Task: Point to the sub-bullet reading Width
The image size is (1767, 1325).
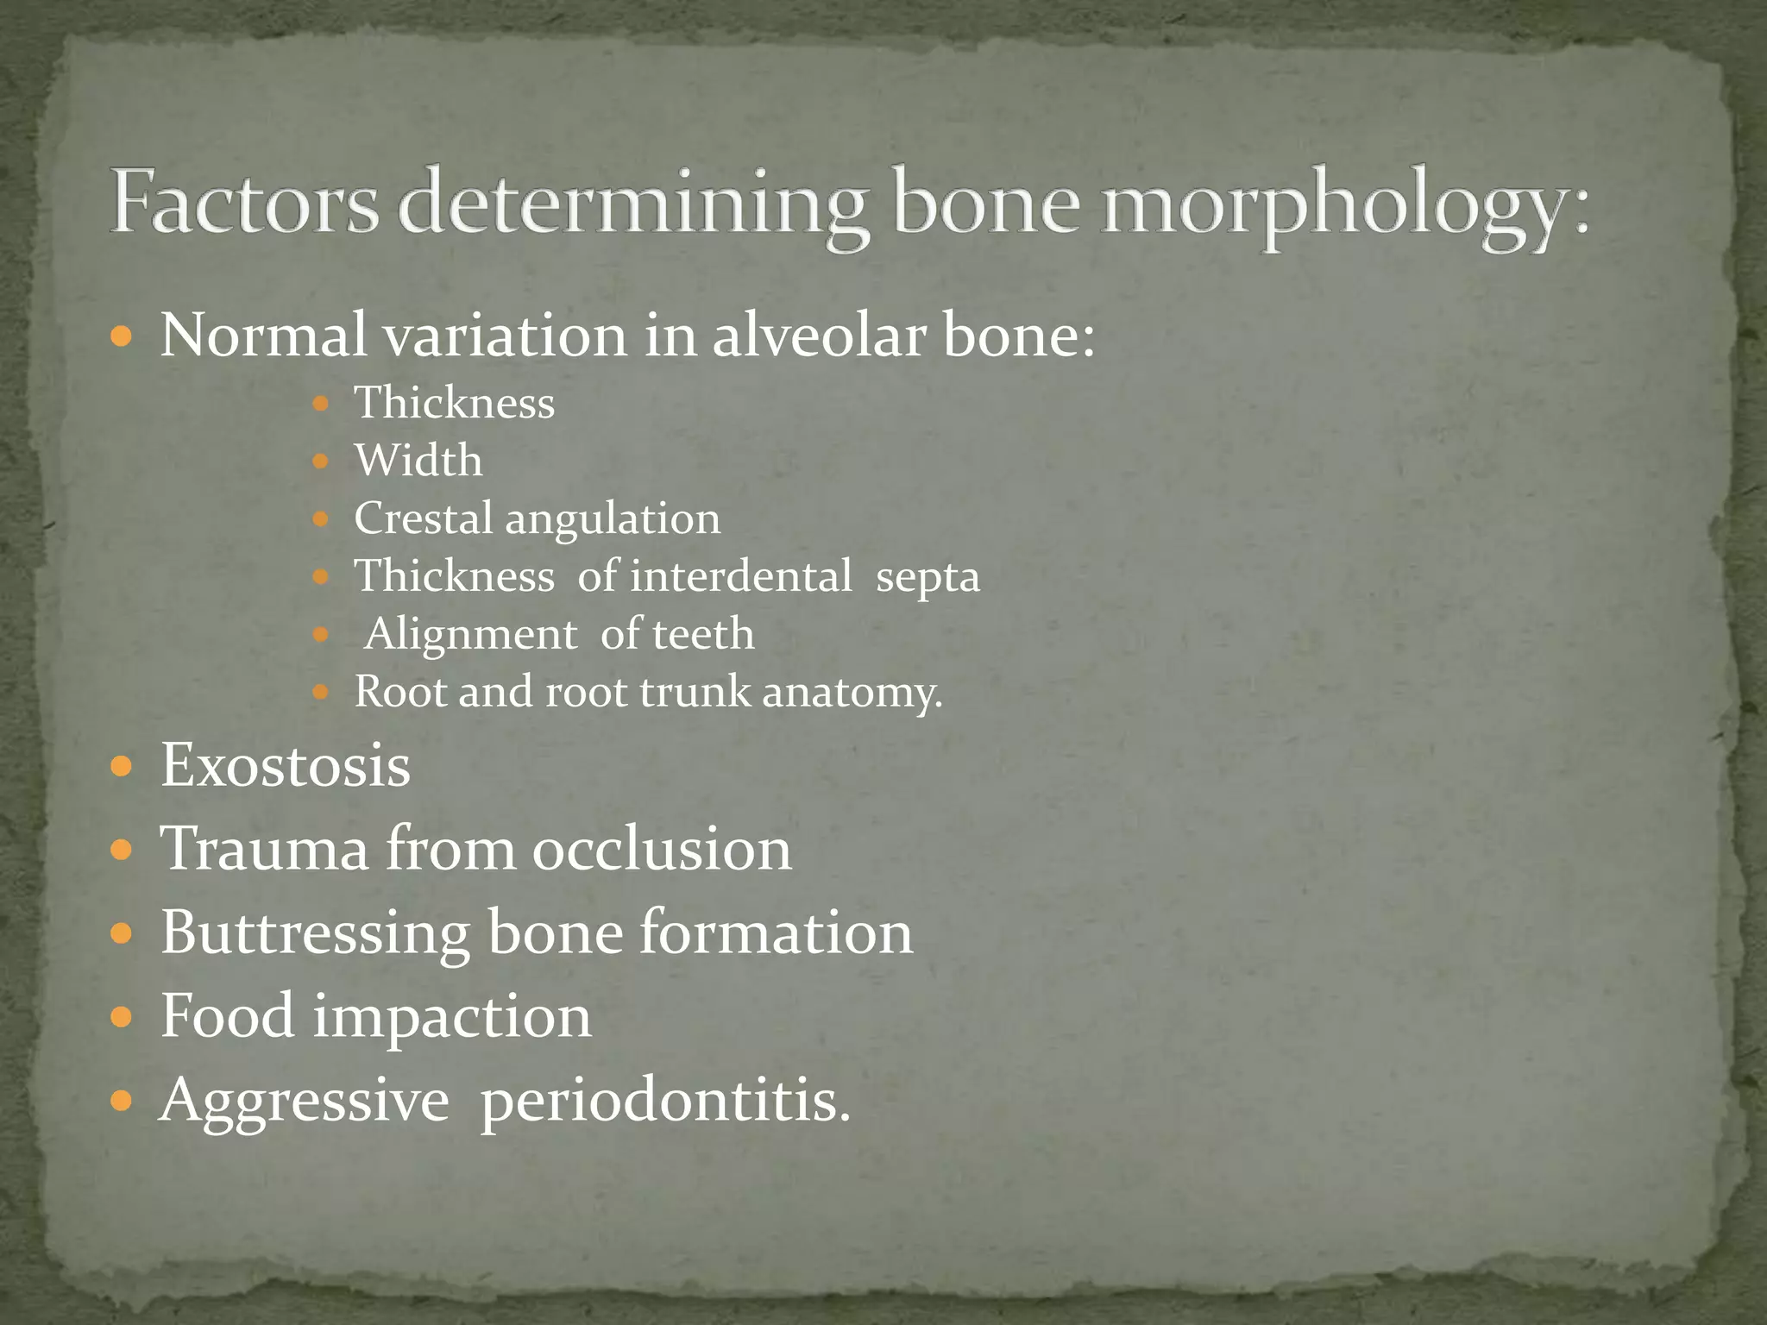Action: pyautogui.click(x=418, y=460)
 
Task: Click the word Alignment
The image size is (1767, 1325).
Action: pyautogui.click(x=470, y=634)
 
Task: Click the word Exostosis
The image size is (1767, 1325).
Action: pyautogui.click(x=286, y=765)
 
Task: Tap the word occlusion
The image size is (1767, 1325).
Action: pyautogui.click(x=662, y=849)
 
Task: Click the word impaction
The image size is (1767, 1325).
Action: pyautogui.click(x=452, y=1016)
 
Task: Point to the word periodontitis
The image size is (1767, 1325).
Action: pyautogui.click(x=664, y=1102)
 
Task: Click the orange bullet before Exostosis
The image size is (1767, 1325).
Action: pyautogui.click(x=122, y=766)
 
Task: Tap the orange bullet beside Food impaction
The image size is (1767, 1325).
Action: pyautogui.click(x=122, y=1017)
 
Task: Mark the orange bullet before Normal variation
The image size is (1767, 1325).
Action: pyautogui.click(x=122, y=336)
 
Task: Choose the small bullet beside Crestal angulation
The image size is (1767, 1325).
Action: pyautogui.click(x=320, y=519)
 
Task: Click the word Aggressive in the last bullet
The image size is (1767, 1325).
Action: pyautogui.click(x=305, y=1102)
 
